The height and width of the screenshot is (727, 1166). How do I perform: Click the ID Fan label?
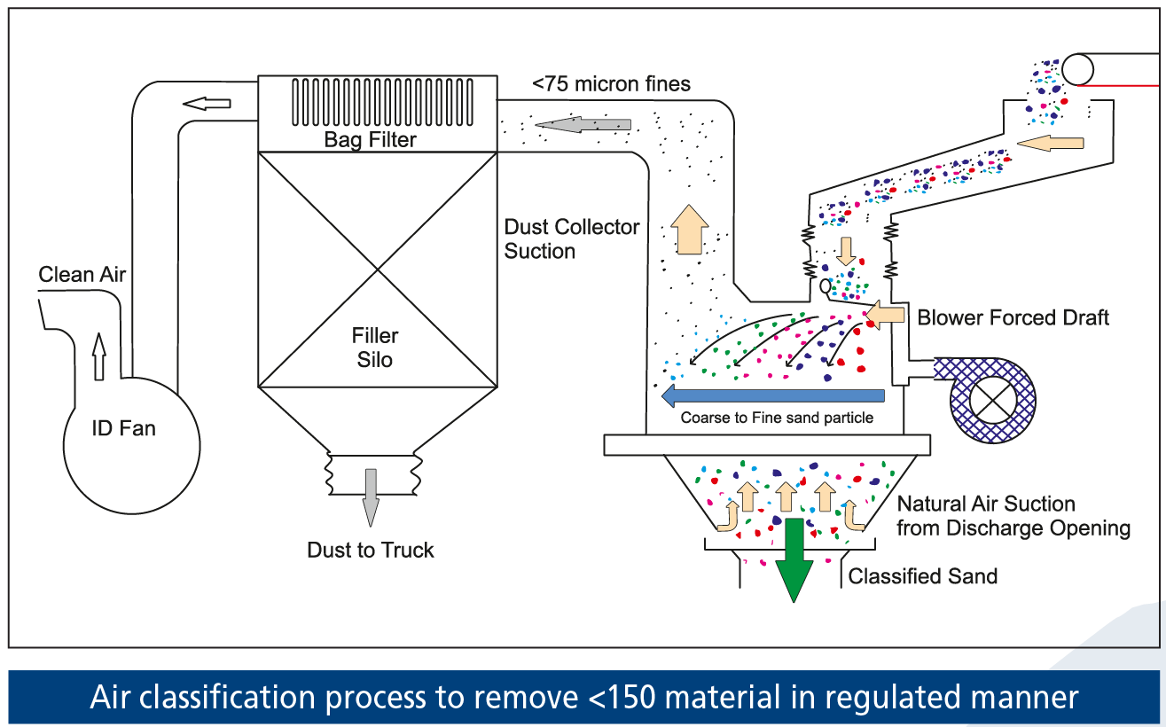[x=124, y=429]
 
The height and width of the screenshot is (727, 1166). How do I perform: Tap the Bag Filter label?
[x=370, y=140]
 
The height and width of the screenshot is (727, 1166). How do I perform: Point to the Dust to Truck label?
[x=371, y=551]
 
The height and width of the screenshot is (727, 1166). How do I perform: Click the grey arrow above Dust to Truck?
[x=371, y=496]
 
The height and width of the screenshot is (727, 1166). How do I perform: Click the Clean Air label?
[x=82, y=275]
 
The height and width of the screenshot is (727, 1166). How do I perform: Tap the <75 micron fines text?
[x=611, y=85]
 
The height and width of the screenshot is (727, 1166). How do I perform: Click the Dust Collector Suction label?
[x=572, y=239]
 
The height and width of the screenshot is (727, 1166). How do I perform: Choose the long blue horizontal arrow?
[x=772, y=395]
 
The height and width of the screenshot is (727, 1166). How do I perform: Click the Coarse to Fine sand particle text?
[x=777, y=418]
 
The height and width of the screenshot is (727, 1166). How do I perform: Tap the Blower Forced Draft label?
[x=1013, y=317]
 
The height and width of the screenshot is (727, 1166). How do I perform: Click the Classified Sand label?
[x=923, y=576]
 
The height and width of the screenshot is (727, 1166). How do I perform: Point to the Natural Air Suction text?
[x=987, y=504]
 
